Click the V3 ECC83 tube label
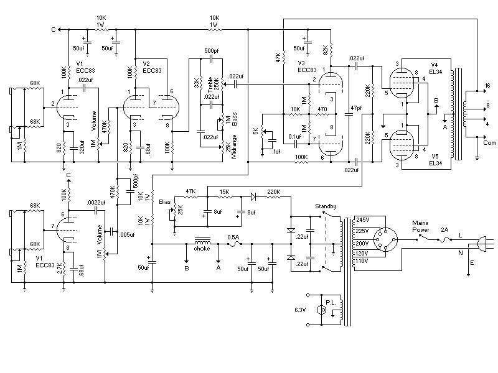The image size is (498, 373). coord(307,67)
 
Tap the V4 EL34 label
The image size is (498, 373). coord(435,68)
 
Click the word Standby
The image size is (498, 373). coord(325,206)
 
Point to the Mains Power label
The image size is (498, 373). coord(421,226)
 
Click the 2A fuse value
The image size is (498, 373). coord(444,229)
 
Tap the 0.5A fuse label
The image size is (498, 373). coord(233,237)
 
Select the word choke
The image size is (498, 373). coord(202,249)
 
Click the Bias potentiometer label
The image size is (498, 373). coord(165,201)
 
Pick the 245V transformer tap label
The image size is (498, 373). coord(362,219)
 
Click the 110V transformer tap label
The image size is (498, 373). coord(362,261)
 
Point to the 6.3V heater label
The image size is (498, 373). coord(300,310)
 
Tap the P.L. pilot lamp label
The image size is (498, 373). coord(331,302)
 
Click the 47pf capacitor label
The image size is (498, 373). coord(356,108)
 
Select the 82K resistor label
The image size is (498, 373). coord(325,50)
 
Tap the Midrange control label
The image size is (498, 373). coord(235,147)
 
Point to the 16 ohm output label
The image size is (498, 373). coord(487,86)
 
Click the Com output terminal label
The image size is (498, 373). coord(489,143)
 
